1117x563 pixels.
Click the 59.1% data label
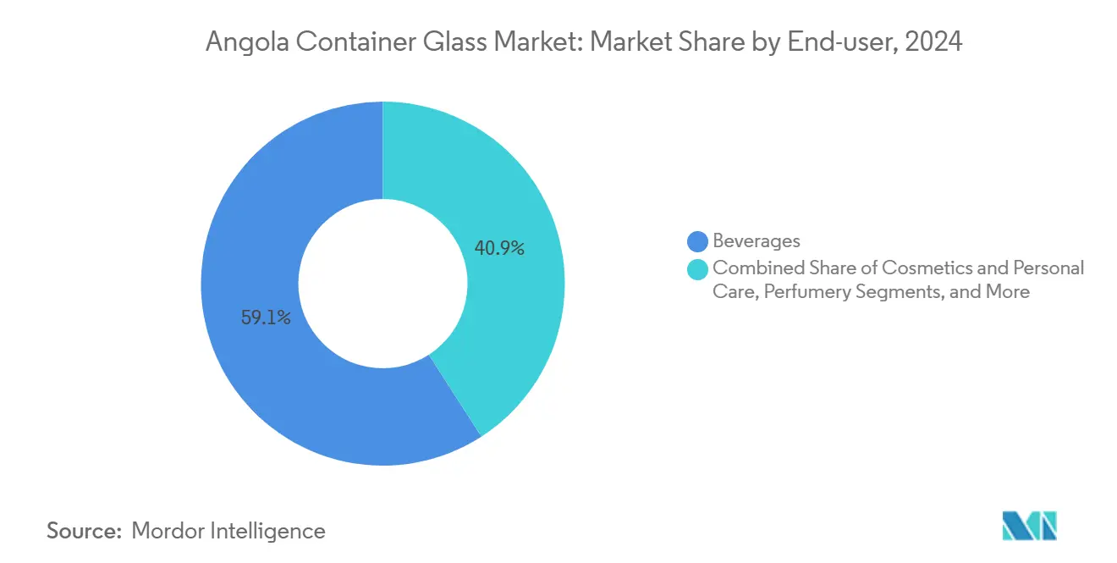pyautogui.click(x=266, y=318)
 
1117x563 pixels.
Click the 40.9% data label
pyautogui.click(x=498, y=248)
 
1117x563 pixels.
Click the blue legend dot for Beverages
pyautogui.click(x=698, y=241)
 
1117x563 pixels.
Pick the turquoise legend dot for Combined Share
pyautogui.click(x=698, y=268)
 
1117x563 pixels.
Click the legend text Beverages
pyautogui.click(x=757, y=241)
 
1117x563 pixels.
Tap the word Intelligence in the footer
pyautogui.click(x=272, y=531)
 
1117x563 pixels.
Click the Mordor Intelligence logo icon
pyautogui.click(x=1029, y=526)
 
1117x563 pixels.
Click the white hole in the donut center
pyautogui.click(x=382, y=283)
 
